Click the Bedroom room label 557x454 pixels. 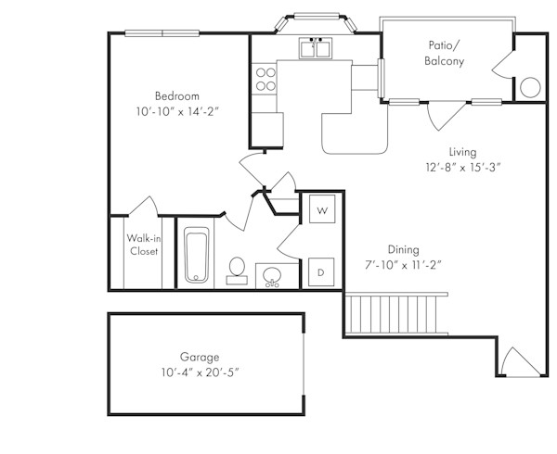[x=176, y=95]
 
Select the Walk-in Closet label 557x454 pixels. [x=143, y=244]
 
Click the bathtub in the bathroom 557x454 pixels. [x=197, y=255]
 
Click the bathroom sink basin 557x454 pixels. [x=273, y=275]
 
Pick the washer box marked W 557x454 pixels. [x=321, y=210]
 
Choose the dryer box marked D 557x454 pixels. [x=321, y=271]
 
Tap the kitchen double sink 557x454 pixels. [x=317, y=49]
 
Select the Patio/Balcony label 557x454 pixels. [x=445, y=53]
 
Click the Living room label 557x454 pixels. [x=462, y=152]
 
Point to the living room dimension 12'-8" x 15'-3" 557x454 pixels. [x=462, y=168]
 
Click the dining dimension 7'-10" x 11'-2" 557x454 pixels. [x=403, y=265]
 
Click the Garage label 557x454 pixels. [x=200, y=357]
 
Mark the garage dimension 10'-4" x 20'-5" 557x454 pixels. [x=200, y=372]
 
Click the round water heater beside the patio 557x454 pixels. [x=529, y=87]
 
